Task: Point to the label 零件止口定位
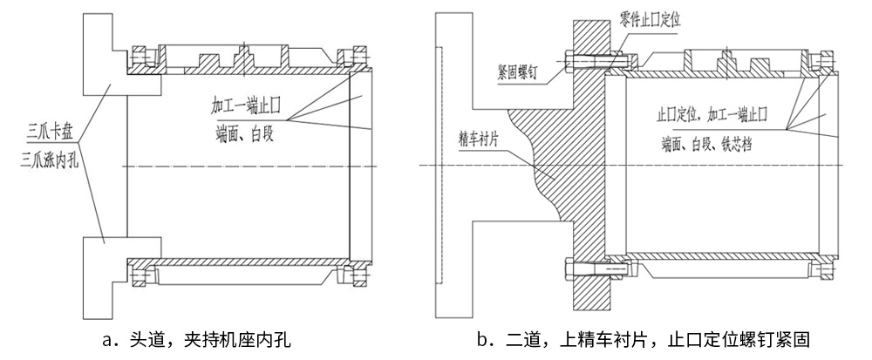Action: click(654, 18)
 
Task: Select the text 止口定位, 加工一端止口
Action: click(710, 115)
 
